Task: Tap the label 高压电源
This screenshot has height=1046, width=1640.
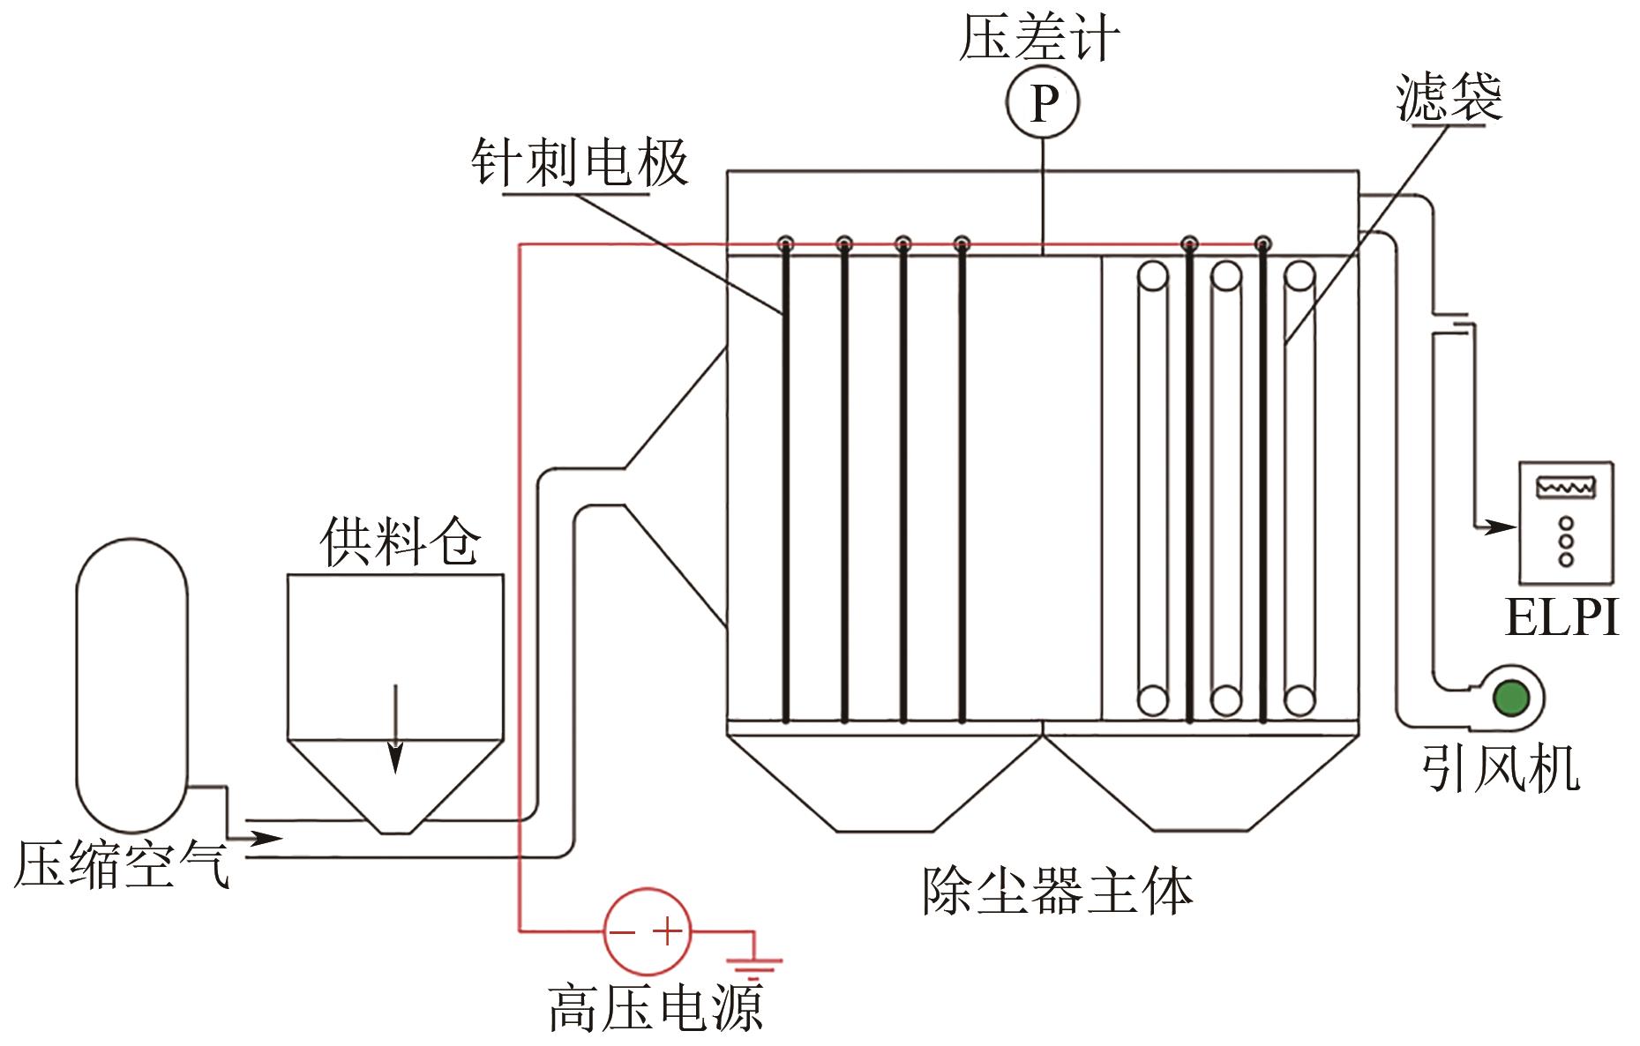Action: coord(655,1007)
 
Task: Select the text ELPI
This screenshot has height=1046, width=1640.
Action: coord(1561,617)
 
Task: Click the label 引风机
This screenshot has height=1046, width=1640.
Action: coord(1501,768)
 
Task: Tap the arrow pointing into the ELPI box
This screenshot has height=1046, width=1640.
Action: coord(1498,527)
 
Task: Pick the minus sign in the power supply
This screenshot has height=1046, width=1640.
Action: coord(624,932)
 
